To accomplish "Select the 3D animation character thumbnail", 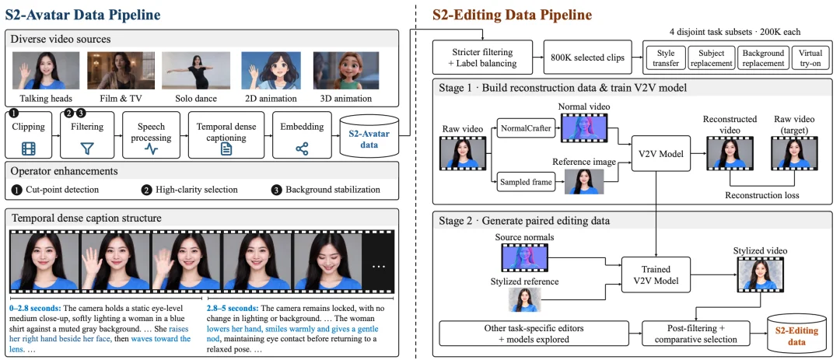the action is [x=346, y=71].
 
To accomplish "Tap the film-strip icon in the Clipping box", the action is [x=29, y=149].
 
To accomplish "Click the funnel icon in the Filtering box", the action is [x=87, y=149].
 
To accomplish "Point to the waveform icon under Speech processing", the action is [x=152, y=149].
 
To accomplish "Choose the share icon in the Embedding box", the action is [x=302, y=149].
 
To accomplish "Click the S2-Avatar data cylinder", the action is [x=369, y=137].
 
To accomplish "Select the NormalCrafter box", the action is [x=526, y=128].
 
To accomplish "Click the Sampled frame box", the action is [x=526, y=182].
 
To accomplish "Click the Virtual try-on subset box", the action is [x=810, y=58].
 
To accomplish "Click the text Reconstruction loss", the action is [x=761, y=195].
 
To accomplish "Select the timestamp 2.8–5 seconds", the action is [x=233, y=309].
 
